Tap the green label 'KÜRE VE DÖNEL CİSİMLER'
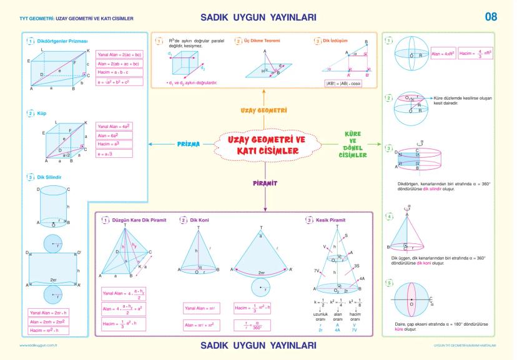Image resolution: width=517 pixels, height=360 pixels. (x=352, y=145)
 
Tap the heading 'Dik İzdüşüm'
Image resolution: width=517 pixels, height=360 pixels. (x=330, y=41)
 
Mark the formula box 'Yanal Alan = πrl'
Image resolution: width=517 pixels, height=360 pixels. (x=200, y=308)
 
